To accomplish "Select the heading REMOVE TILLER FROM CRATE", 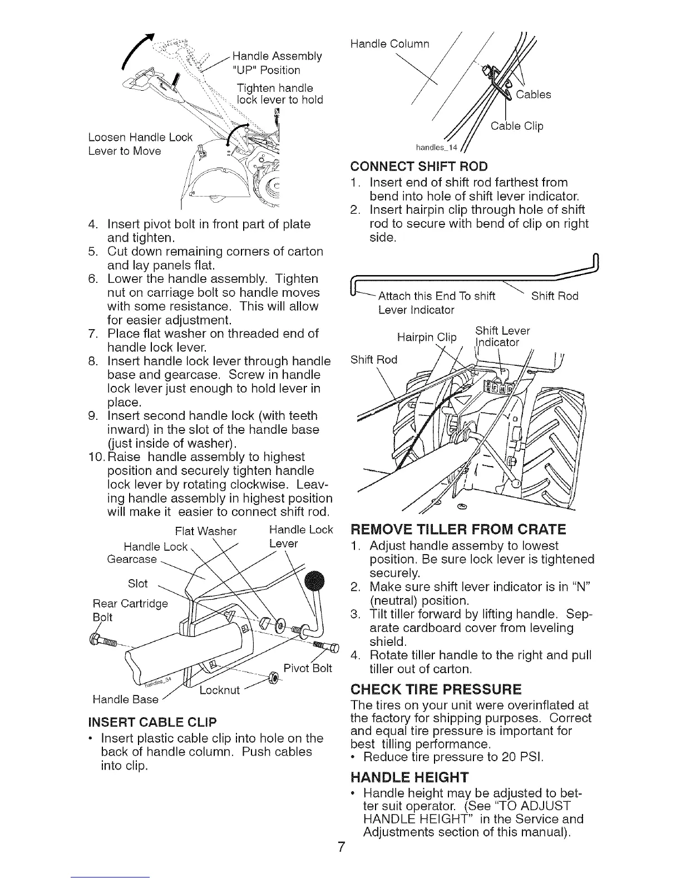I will tap(458, 529).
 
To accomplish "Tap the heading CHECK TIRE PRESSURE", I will tap(436, 689).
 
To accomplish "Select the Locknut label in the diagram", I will tap(219, 690).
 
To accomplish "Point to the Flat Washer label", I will tap(205, 531).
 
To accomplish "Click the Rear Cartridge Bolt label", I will tap(130, 610).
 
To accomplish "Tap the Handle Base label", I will tap(125, 699).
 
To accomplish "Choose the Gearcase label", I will tap(131, 558).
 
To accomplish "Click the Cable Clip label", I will tap(517, 126).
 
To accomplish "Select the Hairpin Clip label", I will tap(427, 337).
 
